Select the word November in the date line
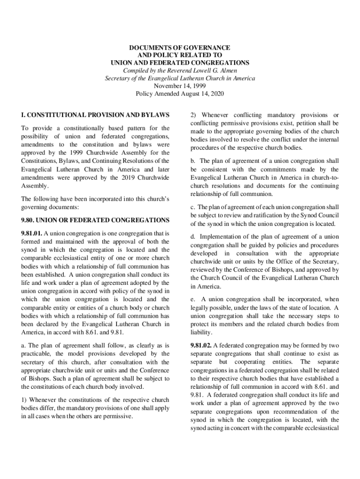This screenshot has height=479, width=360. pyautogui.click(x=167, y=86)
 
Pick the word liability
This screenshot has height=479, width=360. pyautogui.click(x=201, y=333)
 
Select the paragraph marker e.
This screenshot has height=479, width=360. pyautogui.click(x=193, y=299)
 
